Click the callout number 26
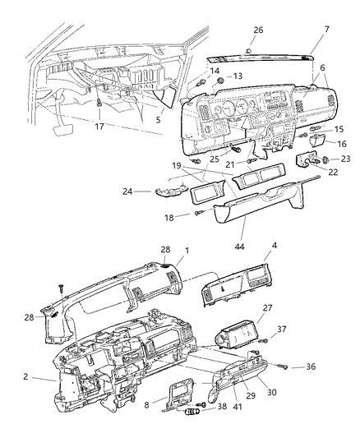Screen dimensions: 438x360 click(258, 30)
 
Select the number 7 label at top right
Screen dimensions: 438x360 click(326, 30)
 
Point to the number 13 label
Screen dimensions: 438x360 click(215, 76)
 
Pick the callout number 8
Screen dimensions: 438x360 click(146, 403)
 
